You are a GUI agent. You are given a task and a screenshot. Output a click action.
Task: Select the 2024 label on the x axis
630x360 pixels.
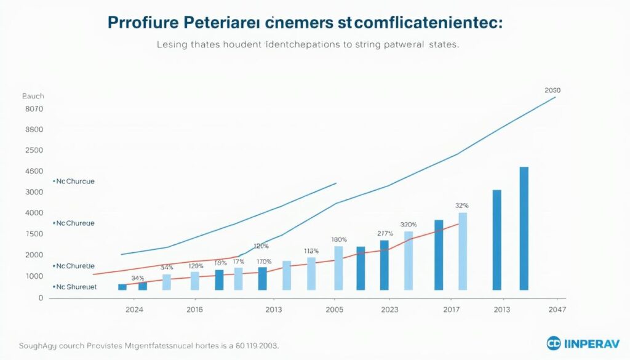click(x=135, y=310)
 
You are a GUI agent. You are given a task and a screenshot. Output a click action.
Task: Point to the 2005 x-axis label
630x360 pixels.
click(x=335, y=310)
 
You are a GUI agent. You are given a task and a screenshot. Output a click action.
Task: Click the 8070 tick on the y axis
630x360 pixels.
click(x=34, y=109)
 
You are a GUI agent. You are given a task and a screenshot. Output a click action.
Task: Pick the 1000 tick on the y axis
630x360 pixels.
click(x=34, y=276)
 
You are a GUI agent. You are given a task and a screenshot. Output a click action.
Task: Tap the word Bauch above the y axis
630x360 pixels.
click(x=33, y=97)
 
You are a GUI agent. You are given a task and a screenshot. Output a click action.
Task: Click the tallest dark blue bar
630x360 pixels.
click(x=524, y=228)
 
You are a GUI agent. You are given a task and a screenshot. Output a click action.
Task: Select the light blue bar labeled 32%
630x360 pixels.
click(x=463, y=250)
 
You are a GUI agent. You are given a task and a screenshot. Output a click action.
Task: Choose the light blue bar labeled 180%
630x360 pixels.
click(x=338, y=268)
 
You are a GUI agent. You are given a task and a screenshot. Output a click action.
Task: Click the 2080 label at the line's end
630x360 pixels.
click(x=552, y=90)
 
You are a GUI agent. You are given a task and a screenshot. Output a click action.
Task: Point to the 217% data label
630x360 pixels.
click(x=385, y=233)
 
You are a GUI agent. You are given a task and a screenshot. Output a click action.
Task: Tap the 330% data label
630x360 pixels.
click(x=409, y=225)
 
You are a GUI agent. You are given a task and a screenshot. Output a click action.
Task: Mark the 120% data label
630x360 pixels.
click(x=261, y=246)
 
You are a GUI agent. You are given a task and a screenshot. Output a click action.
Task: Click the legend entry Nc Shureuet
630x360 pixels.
click(x=75, y=287)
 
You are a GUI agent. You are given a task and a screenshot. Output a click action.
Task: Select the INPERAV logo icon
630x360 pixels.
click(x=554, y=343)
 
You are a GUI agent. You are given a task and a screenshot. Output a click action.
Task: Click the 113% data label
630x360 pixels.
click(x=311, y=251)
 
